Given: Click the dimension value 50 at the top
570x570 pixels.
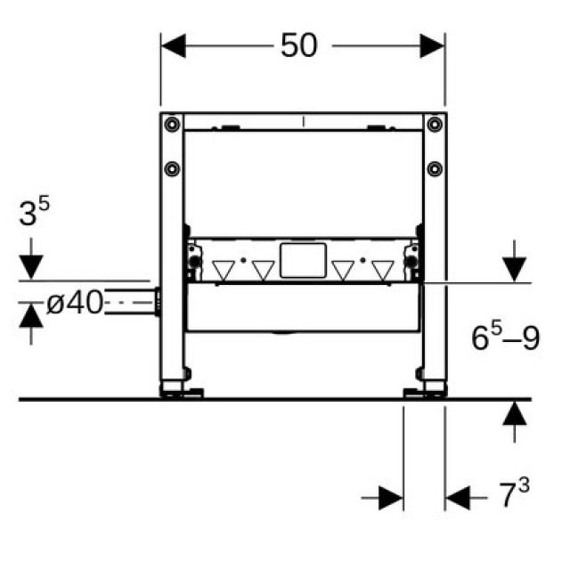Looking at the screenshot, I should (x=298, y=45).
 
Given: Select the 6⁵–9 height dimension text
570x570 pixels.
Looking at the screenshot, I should (x=505, y=338).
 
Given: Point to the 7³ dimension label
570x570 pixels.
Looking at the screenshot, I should (x=512, y=494).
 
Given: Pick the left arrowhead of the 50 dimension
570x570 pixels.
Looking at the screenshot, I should (x=173, y=45).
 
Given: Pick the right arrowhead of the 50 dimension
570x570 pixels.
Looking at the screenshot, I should (x=433, y=45).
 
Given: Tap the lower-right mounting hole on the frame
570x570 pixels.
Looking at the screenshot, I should (x=433, y=168).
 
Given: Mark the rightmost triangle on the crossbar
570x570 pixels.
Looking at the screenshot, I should (x=382, y=269).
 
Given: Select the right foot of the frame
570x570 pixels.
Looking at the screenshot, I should (x=426, y=389).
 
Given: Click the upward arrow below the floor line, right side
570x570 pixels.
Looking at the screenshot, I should (x=513, y=415).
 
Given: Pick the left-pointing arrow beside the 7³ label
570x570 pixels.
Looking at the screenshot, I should (x=458, y=497).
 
